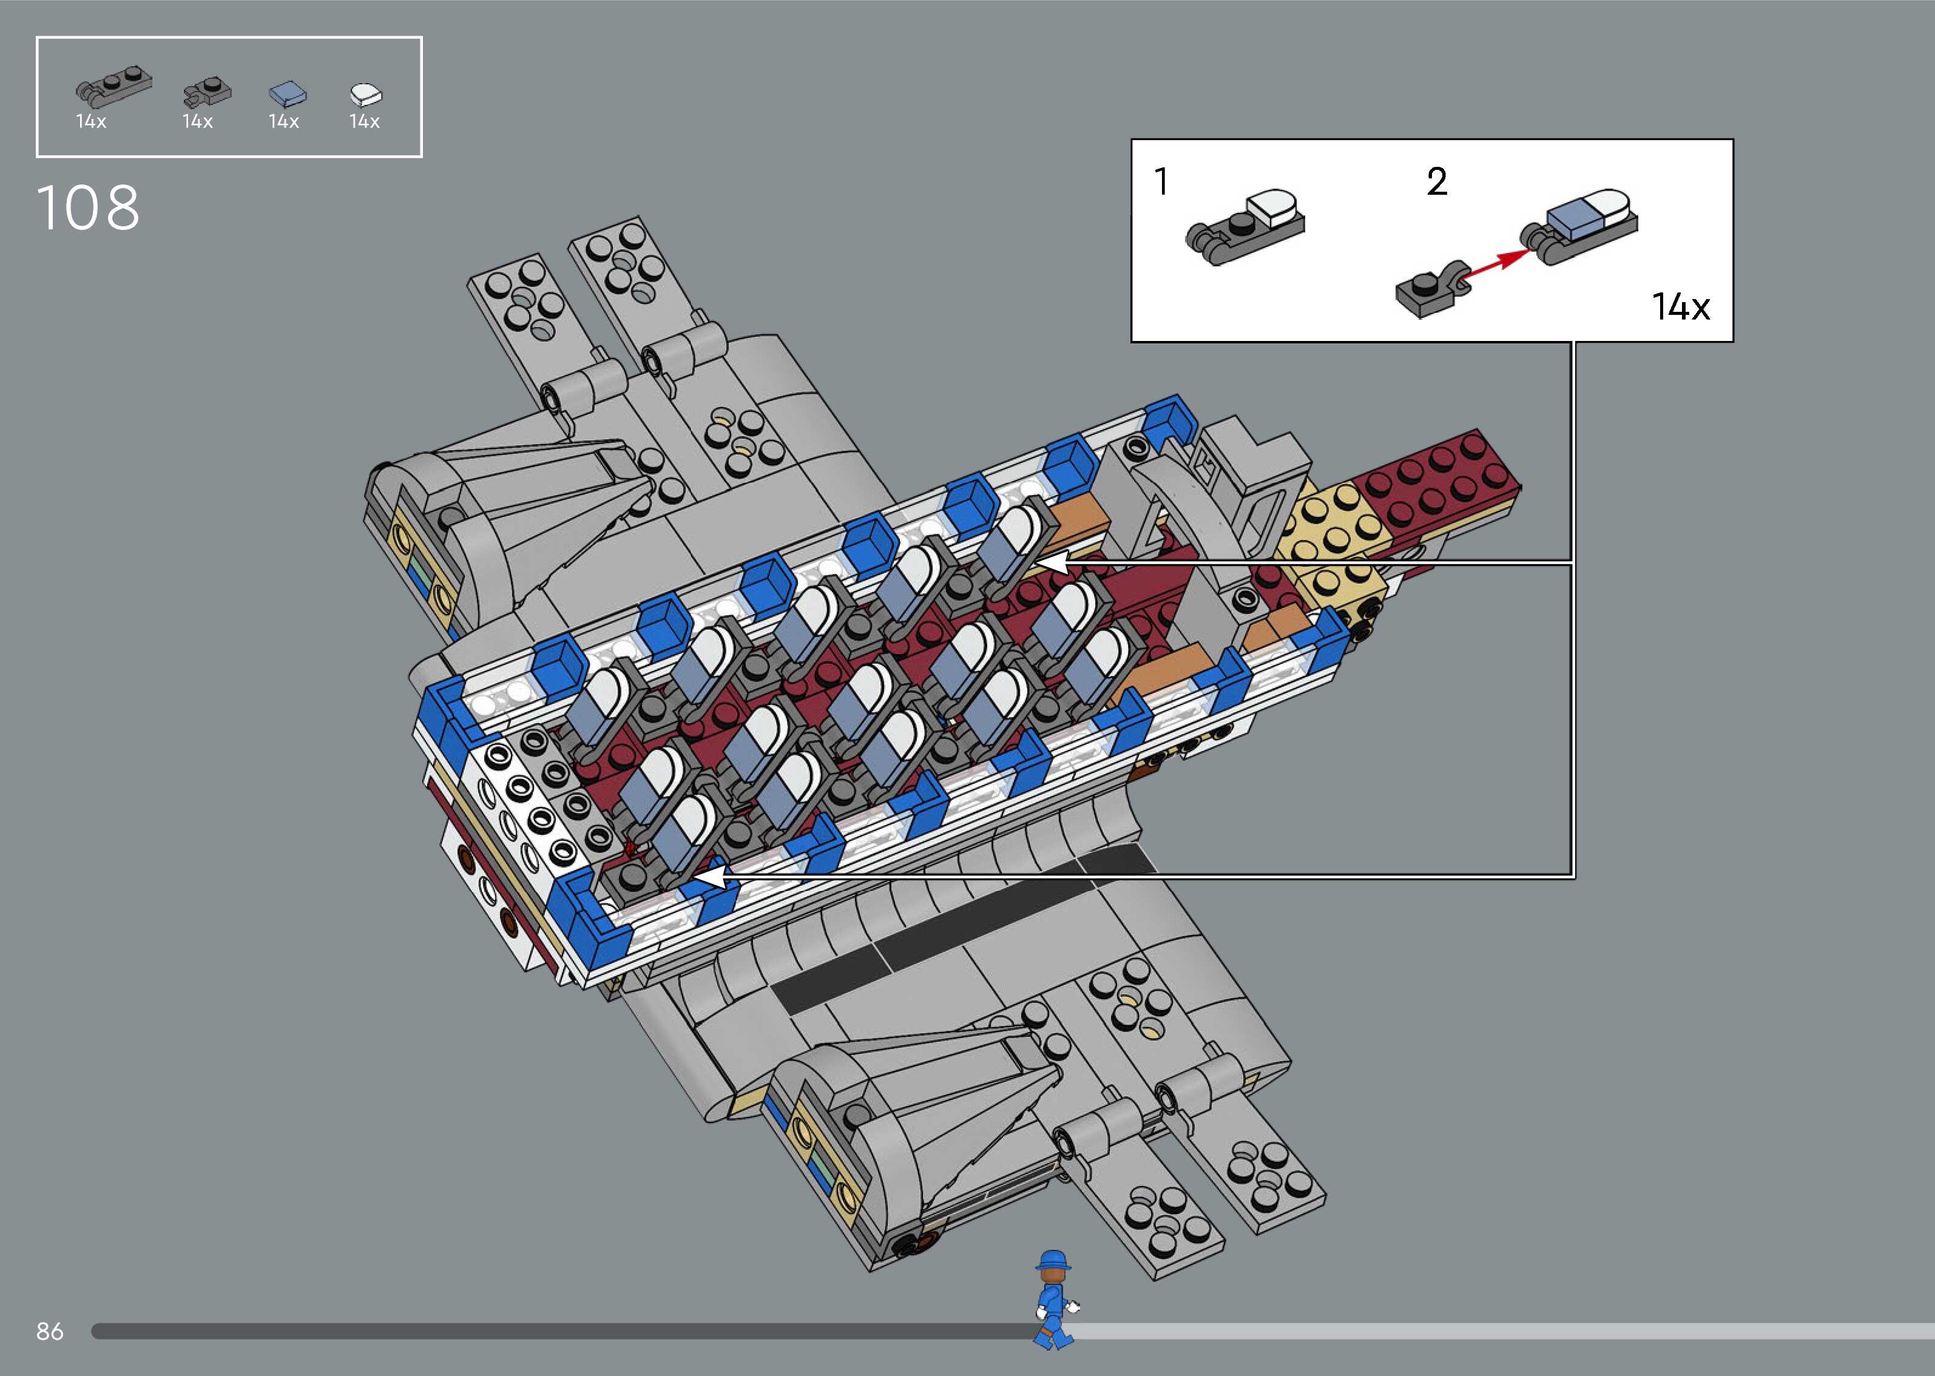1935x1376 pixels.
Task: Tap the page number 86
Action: pyautogui.click(x=49, y=1331)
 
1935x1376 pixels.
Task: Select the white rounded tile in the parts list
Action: pyautogui.click(x=366, y=93)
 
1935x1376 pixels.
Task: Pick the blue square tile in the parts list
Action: pyautogui.click(x=287, y=93)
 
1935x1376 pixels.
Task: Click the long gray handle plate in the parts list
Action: pyautogui.click(x=113, y=88)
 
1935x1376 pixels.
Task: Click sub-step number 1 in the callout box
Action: pyautogui.click(x=1161, y=181)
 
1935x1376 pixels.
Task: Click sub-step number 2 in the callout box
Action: pyautogui.click(x=1437, y=181)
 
